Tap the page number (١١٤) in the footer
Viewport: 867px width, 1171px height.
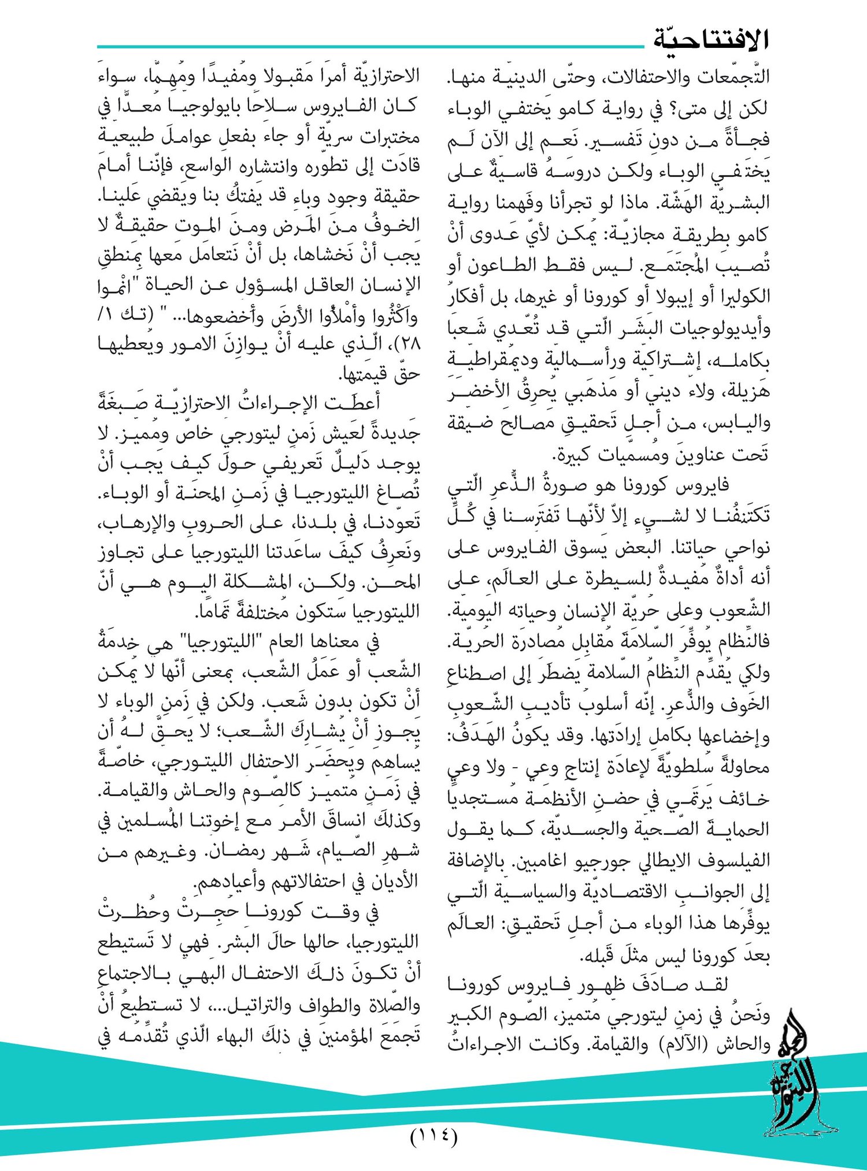pos(433,1136)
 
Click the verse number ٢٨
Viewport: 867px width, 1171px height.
pos(408,344)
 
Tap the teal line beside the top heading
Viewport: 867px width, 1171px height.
pos(370,46)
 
